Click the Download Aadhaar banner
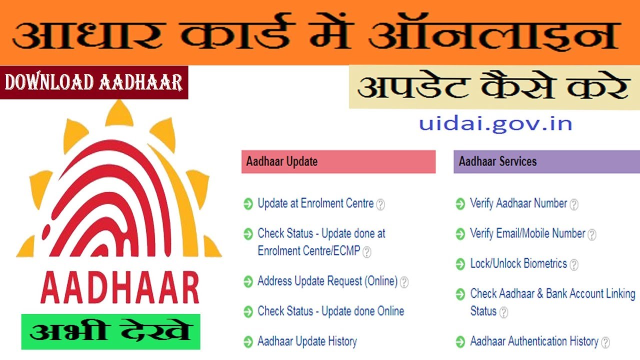[94, 82]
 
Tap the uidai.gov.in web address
[495, 124]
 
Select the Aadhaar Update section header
[338, 161]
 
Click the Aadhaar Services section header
[546, 161]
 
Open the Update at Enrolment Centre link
[315, 203]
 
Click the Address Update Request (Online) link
[327, 281]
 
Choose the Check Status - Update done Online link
[330, 311]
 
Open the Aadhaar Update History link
[307, 341]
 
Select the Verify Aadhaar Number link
[518, 203]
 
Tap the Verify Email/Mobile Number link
[527, 233]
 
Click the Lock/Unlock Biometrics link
[518, 263]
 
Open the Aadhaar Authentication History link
[534, 341]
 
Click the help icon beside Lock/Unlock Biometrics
[574, 264]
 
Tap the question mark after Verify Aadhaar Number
[574, 204]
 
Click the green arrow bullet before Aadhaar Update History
[248, 342]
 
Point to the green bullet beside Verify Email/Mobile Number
[460, 234]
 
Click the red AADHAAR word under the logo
[120, 286]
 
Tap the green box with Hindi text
[110, 331]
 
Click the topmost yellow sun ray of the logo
[119, 114]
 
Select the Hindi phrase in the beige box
[494, 87]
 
